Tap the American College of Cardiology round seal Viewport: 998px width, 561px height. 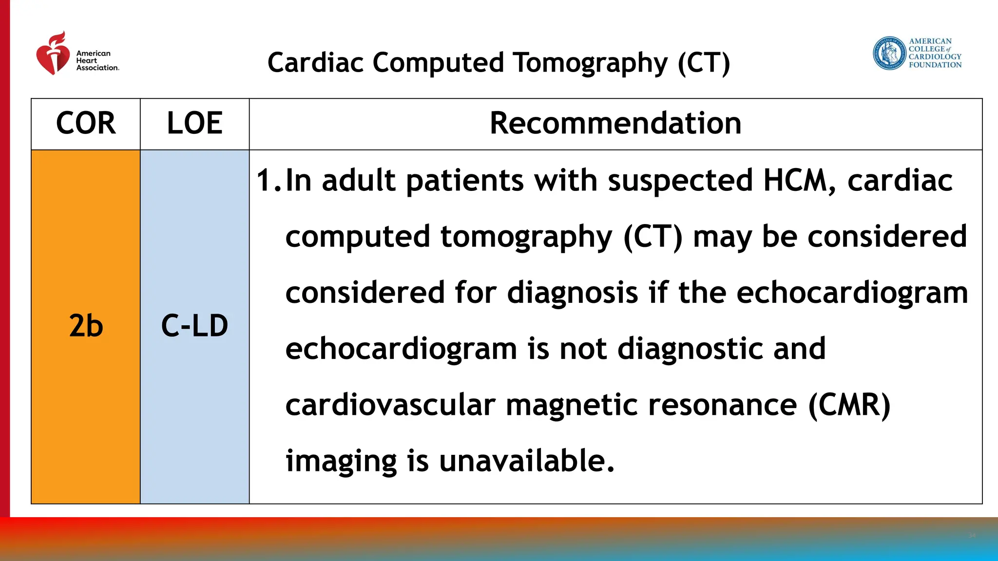(889, 53)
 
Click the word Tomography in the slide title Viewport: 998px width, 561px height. (590, 63)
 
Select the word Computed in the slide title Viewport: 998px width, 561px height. (438, 63)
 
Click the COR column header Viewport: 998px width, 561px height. (86, 123)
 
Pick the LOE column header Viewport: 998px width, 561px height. (194, 123)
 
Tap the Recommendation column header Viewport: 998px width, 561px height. (615, 123)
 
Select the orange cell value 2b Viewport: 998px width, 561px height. (86, 326)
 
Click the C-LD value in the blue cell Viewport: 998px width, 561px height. (194, 326)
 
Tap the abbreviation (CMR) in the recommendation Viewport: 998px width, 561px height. (849, 405)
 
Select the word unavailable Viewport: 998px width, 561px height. (526, 461)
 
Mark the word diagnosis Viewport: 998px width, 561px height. (573, 293)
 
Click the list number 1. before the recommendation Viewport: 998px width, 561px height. (269, 181)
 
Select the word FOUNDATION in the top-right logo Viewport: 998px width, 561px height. (935, 65)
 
